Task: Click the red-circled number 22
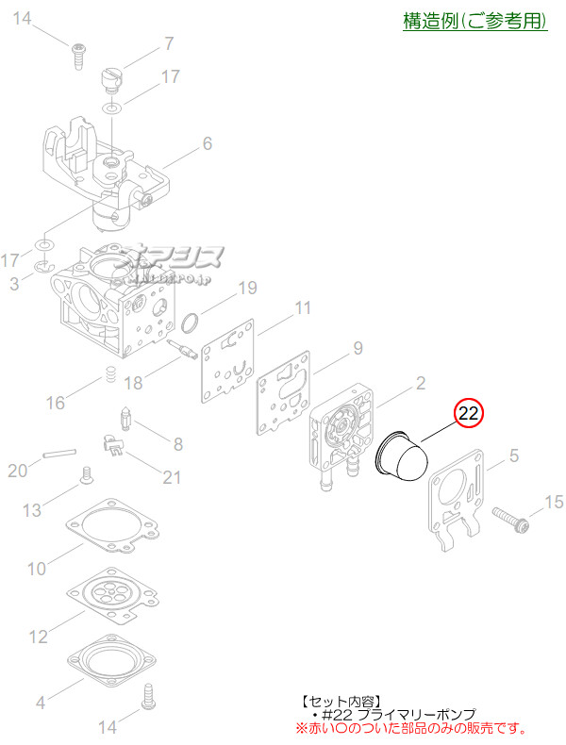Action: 469,413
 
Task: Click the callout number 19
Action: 246,287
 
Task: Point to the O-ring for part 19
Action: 189,324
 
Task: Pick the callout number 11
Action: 302,307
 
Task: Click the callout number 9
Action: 358,348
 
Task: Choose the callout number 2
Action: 421,382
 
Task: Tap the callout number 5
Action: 513,456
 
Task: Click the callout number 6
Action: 207,143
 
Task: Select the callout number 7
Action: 169,42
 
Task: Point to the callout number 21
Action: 171,477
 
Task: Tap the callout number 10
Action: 36,569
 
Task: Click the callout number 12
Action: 38,637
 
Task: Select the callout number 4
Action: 40,702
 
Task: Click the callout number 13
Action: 32,510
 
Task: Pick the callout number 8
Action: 177,443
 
